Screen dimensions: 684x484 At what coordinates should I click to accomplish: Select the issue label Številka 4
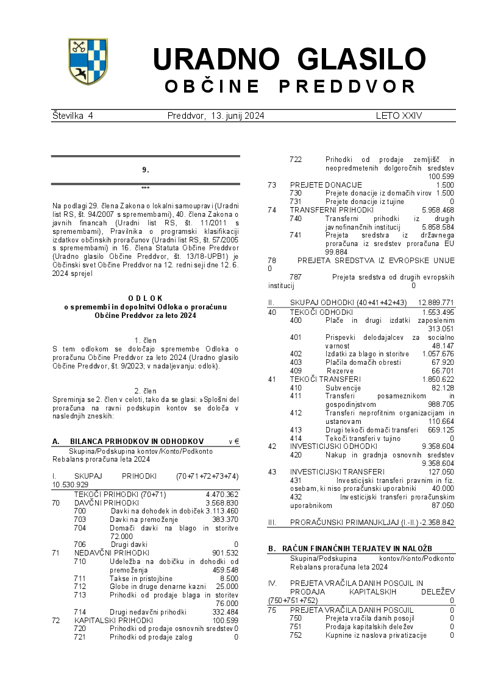73,115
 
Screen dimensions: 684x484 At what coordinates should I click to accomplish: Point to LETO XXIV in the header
399,115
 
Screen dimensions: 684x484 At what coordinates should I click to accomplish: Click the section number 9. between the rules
145,170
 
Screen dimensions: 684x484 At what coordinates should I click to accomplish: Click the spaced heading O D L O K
145,298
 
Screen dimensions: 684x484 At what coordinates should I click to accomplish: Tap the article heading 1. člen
145,340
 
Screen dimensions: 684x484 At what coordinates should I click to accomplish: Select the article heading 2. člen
145,390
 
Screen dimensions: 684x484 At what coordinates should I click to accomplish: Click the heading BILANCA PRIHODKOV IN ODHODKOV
137,442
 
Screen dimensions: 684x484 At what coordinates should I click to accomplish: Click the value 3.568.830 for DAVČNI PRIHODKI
222,502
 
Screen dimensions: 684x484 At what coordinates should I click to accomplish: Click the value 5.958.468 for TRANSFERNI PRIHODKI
437,210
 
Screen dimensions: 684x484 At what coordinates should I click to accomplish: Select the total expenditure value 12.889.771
436,303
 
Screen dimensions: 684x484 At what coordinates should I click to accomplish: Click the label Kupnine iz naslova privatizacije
375,635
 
